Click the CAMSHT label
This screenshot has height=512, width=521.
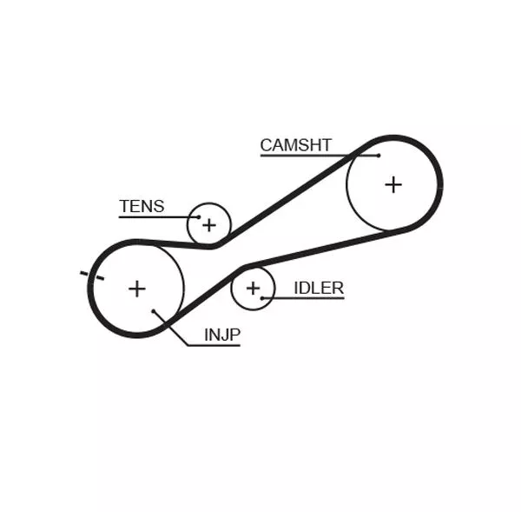[x=295, y=145]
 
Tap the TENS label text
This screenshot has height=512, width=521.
[x=142, y=207]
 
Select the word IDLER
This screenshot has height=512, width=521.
[x=319, y=288]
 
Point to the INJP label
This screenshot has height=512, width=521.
[x=221, y=335]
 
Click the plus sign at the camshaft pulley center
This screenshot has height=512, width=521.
[x=393, y=184]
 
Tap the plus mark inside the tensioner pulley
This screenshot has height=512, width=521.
[x=208, y=225]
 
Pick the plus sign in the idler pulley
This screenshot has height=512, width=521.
[x=253, y=288]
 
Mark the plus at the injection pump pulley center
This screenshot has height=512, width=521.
[x=136, y=288]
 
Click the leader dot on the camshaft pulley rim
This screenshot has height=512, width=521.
[x=379, y=156]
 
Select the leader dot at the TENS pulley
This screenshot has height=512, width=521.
[x=198, y=216]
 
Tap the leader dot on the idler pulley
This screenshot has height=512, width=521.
[x=262, y=298]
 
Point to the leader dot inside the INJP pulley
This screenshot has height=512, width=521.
[x=153, y=310]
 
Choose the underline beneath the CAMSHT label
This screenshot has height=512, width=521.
[x=313, y=156]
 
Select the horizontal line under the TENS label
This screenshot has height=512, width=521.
[x=152, y=216]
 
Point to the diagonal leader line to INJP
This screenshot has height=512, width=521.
[x=169, y=328]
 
